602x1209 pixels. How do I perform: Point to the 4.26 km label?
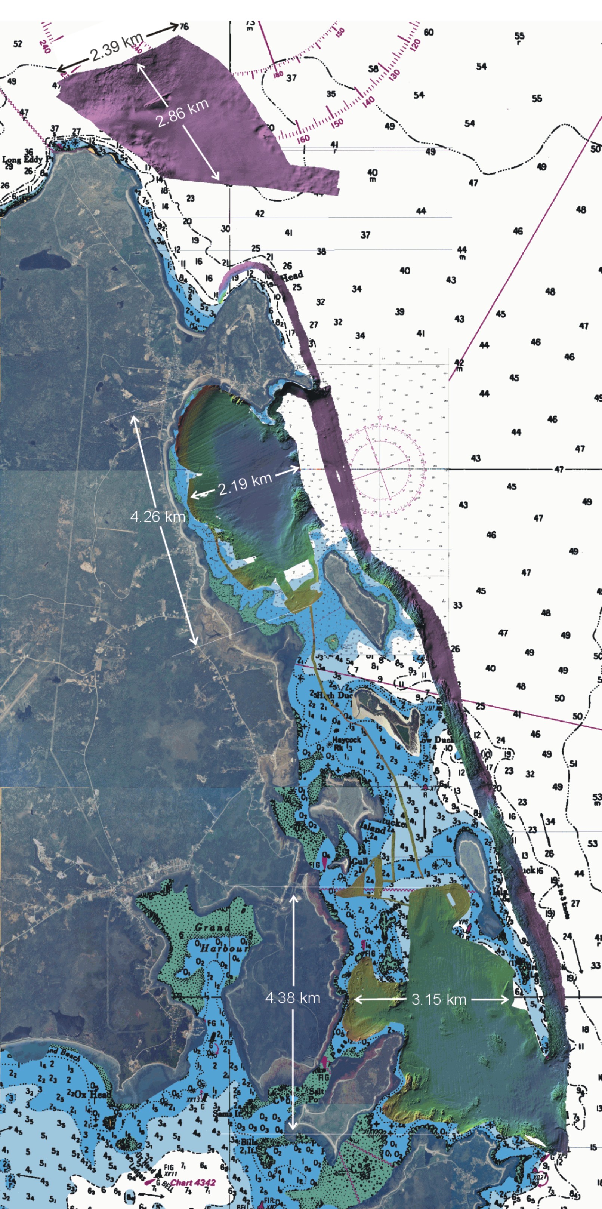click(158, 517)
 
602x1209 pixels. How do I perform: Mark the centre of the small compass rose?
click(380, 468)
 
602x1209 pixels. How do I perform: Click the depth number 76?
click(184, 26)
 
